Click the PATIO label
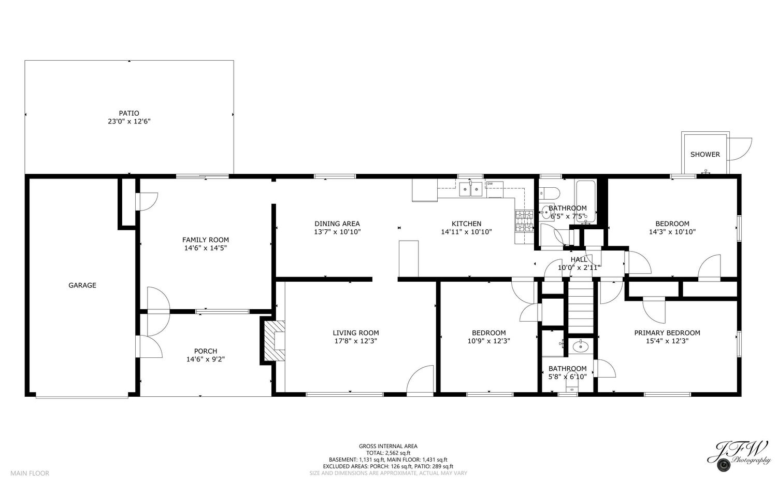tap(129, 113)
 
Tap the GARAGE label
tap(82, 285)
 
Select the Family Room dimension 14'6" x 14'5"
tap(206, 248)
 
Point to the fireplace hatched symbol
tap(275, 341)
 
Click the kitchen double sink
tap(471, 189)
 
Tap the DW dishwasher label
tap(490, 184)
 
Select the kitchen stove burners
tap(524, 221)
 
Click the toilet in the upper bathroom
tap(549, 192)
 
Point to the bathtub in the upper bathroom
tap(586, 201)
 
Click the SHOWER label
tap(705, 155)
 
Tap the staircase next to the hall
tap(581, 308)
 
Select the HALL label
tap(579, 259)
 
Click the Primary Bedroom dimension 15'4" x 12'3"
tap(667, 341)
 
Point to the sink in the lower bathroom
tap(580, 346)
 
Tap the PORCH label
tap(206, 351)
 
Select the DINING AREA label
tap(337, 224)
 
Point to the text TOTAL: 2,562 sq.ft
tap(388, 453)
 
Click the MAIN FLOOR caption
tap(30, 473)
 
